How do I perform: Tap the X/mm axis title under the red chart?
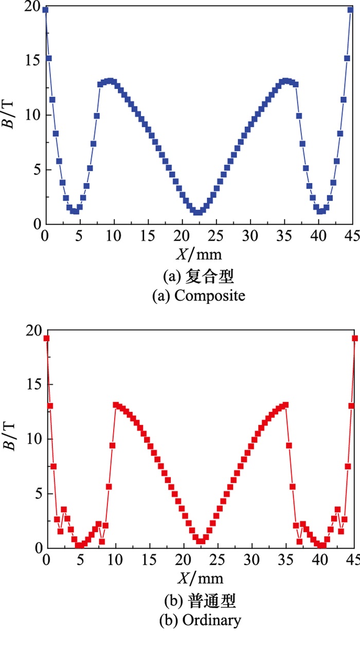201,578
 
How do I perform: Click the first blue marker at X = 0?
45,10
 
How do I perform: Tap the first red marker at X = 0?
46,338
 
